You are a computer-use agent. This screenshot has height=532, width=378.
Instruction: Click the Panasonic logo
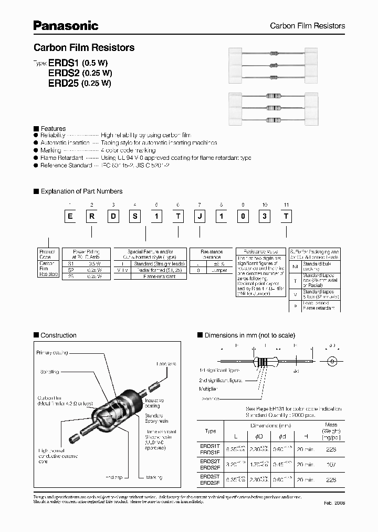tap(66, 25)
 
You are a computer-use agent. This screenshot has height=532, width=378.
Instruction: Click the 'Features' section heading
tap(53, 128)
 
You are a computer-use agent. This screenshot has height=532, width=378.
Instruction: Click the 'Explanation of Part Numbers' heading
tap(81, 191)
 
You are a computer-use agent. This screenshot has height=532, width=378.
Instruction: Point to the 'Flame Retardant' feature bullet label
tap(62, 158)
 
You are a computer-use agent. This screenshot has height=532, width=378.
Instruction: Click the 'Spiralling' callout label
tap(50, 372)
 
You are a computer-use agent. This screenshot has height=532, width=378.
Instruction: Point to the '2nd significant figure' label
tap(220, 380)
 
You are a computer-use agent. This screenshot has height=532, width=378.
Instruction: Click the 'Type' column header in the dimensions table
tap(210, 431)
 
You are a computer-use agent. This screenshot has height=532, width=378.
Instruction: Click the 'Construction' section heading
tap(58, 335)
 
